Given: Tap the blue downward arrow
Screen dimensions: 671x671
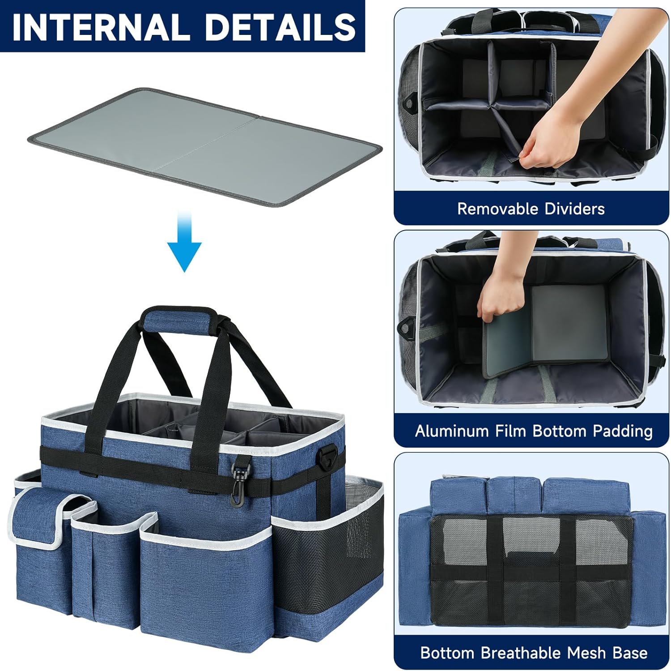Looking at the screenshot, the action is [184, 241].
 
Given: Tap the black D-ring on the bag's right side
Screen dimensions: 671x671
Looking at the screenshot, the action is [329, 455].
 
